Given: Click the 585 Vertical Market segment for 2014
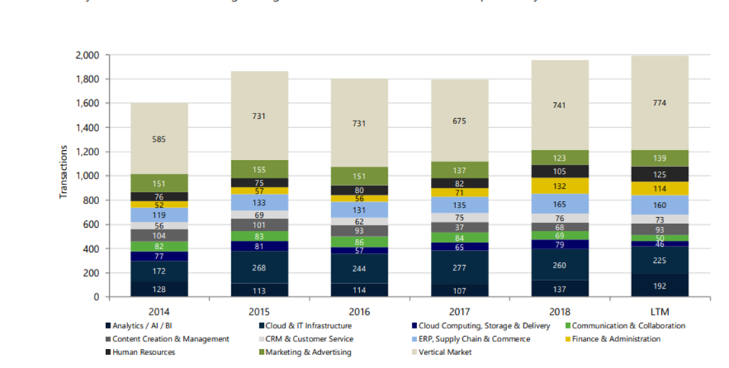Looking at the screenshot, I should point(159,139).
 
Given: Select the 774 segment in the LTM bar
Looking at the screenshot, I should point(660,102).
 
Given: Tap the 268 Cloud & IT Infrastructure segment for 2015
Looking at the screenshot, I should point(259,267).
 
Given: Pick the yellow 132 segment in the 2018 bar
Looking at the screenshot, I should point(560,186).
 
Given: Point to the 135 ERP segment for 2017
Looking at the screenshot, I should point(460,204).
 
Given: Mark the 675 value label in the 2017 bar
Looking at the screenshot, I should point(460,120).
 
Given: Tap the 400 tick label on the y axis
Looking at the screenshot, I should point(92,249).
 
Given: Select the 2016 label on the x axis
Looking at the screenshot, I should point(359,311).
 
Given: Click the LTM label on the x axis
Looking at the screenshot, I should point(660,311).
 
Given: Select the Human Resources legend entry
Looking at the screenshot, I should point(143,352).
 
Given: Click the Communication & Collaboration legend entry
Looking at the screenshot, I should point(630,325).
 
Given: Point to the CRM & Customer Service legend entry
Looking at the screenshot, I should point(300,338).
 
